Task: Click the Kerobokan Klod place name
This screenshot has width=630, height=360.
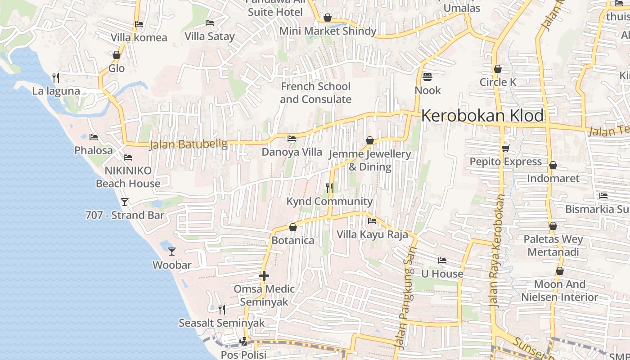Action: pyautogui.click(x=482, y=116)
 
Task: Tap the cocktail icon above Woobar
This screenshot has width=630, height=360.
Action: pyautogui.click(x=171, y=251)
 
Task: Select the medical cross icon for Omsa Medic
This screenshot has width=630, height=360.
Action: pyautogui.click(x=264, y=275)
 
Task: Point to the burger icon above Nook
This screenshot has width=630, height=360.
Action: pyautogui.click(x=427, y=77)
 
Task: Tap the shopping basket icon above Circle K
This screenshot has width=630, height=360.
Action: pyautogui.click(x=497, y=69)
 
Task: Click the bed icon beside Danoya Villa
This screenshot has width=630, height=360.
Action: pyautogui.click(x=292, y=139)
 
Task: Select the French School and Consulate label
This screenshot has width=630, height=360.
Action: pyautogui.click(x=315, y=93)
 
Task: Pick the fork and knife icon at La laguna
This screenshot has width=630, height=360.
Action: pyautogui.click(x=56, y=77)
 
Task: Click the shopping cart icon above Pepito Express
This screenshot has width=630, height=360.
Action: pyautogui.click(x=505, y=148)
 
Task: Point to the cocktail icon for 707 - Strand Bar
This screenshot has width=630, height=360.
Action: pyautogui.click(x=125, y=202)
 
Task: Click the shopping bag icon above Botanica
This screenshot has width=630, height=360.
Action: pyautogui.click(x=292, y=227)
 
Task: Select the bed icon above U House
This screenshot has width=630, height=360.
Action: pyautogui.click(x=442, y=261)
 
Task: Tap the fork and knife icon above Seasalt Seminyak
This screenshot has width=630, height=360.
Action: pyautogui.click(x=221, y=309)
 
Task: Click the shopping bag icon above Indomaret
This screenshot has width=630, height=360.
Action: pyautogui.click(x=553, y=165)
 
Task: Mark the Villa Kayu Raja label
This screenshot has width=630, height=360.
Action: pyautogui.click(x=372, y=234)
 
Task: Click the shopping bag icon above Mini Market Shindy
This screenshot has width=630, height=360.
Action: pyautogui.click(x=327, y=18)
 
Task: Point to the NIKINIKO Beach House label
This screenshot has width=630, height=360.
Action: pyautogui.click(x=128, y=177)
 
